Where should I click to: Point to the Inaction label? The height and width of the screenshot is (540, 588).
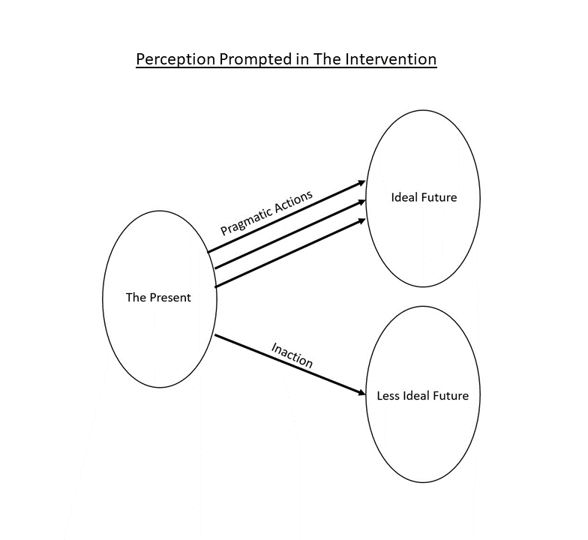click(292, 355)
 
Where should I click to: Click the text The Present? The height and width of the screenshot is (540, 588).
click(158, 298)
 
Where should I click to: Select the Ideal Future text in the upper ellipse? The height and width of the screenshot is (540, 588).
click(424, 198)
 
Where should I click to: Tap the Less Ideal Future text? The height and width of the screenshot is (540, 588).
click(422, 395)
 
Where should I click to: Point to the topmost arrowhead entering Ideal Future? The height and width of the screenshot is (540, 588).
click(362, 182)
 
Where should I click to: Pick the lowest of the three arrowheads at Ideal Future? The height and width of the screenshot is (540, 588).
click(362, 220)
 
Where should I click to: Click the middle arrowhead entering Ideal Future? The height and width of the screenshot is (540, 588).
click(362, 201)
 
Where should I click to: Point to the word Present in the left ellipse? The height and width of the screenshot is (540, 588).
click(169, 298)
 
